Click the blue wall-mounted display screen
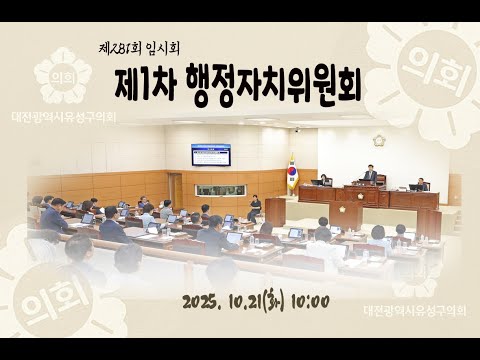coord(211,154)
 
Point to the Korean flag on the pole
coord(292,172)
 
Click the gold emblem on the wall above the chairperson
coord(379,141)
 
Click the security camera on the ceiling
coord(296,130)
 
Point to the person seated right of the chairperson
coord(421,184)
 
